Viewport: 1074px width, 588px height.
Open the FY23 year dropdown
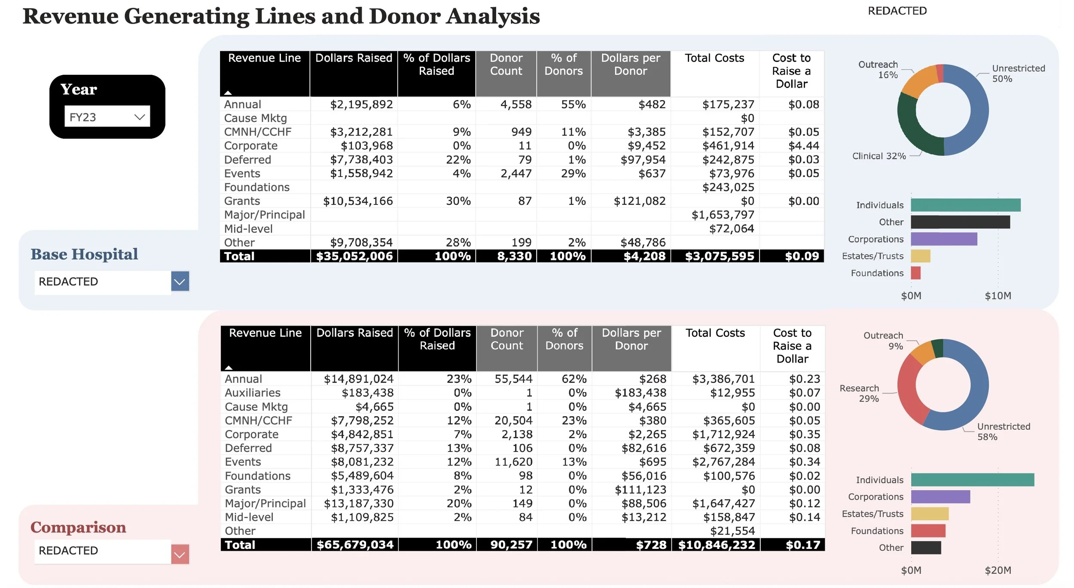[x=107, y=116]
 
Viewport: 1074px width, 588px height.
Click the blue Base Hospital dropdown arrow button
[x=180, y=281]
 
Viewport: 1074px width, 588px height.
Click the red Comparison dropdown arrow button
[x=180, y=554]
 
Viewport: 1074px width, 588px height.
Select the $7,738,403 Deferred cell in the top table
[x=361, y=160]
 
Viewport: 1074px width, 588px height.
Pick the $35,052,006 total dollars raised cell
[x=354, y=256]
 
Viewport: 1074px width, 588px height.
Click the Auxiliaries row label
[x=253, y=393]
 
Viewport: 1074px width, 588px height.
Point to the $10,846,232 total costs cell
[x=716, y=545]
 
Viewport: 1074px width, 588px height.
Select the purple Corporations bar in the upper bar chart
[x=943, y=239]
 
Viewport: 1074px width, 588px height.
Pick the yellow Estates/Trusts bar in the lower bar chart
[x=929, y=514]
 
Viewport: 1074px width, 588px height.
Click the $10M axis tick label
[x=998, y=296]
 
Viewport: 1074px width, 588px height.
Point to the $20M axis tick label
[x=998, y=570]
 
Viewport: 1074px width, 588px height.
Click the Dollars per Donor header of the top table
[x=630, y=64]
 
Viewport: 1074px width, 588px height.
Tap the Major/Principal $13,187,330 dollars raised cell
[x=358, y=503]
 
